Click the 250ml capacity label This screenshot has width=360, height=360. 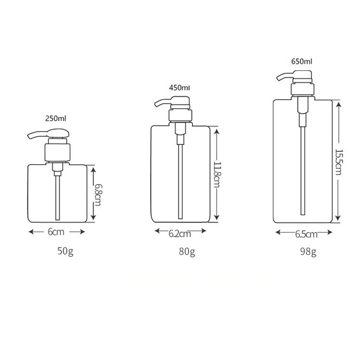click(x=56, y=118)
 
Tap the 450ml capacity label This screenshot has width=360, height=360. click(x=179, y=88)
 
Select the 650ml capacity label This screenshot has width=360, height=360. click(x=302, y=62)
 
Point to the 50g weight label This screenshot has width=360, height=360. click(x=65, y=251)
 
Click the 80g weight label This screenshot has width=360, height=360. click(x=187, y=252)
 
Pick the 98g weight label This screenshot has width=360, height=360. click(x=308, y=252)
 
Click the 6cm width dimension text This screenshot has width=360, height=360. click(x=56, y=232)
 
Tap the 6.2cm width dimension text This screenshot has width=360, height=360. click(x=180, y=234)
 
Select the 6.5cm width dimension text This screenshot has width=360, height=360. click(x=306, y=234)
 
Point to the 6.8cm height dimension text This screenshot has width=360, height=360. click(x=98, y=195)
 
